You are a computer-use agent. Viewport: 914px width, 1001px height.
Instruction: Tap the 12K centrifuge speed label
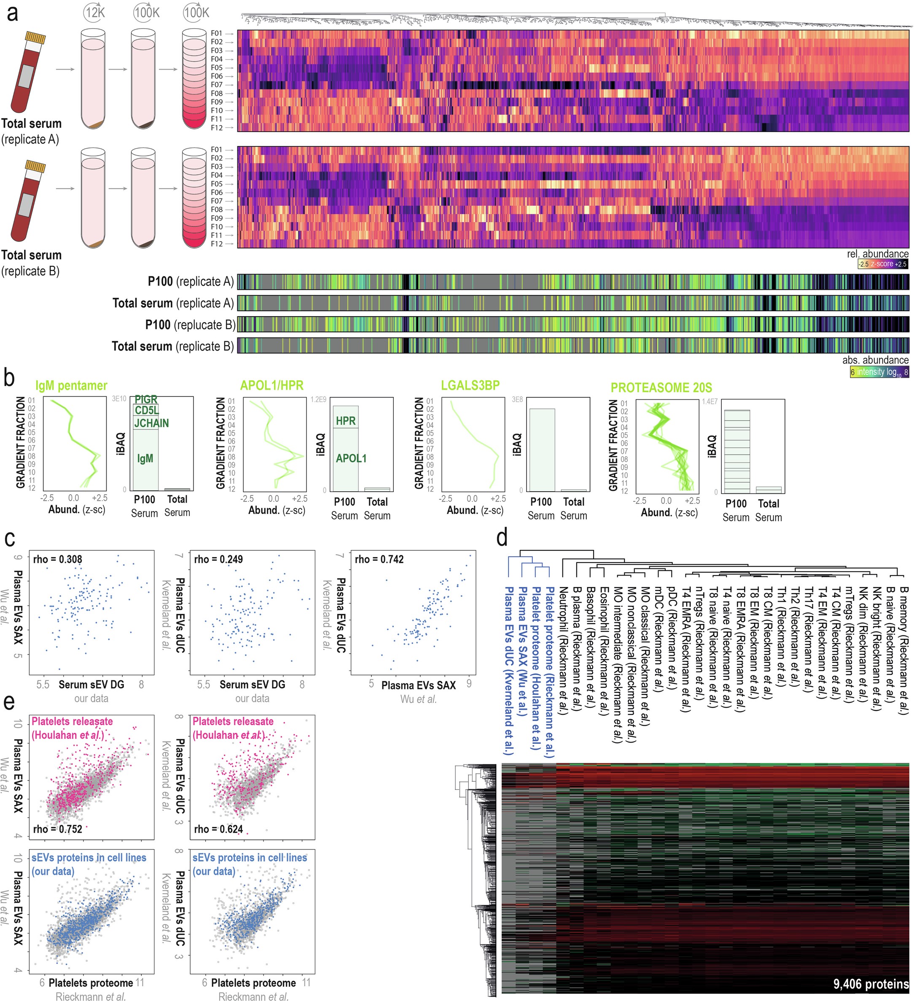click(94, 12)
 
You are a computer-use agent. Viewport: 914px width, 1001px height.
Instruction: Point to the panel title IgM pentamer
click(71, 386)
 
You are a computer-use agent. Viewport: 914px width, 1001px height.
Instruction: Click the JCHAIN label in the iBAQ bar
click(151, 423)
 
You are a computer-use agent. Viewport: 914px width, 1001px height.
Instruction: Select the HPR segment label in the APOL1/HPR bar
click(346, 421)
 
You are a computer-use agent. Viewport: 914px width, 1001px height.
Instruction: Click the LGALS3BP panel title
click(470, 385)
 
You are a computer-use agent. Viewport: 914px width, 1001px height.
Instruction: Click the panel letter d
click(502, 538)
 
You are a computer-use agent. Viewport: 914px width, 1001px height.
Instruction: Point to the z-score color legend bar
click(883, 264)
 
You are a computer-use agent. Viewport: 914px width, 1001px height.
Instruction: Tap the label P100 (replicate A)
click(190, 282)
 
